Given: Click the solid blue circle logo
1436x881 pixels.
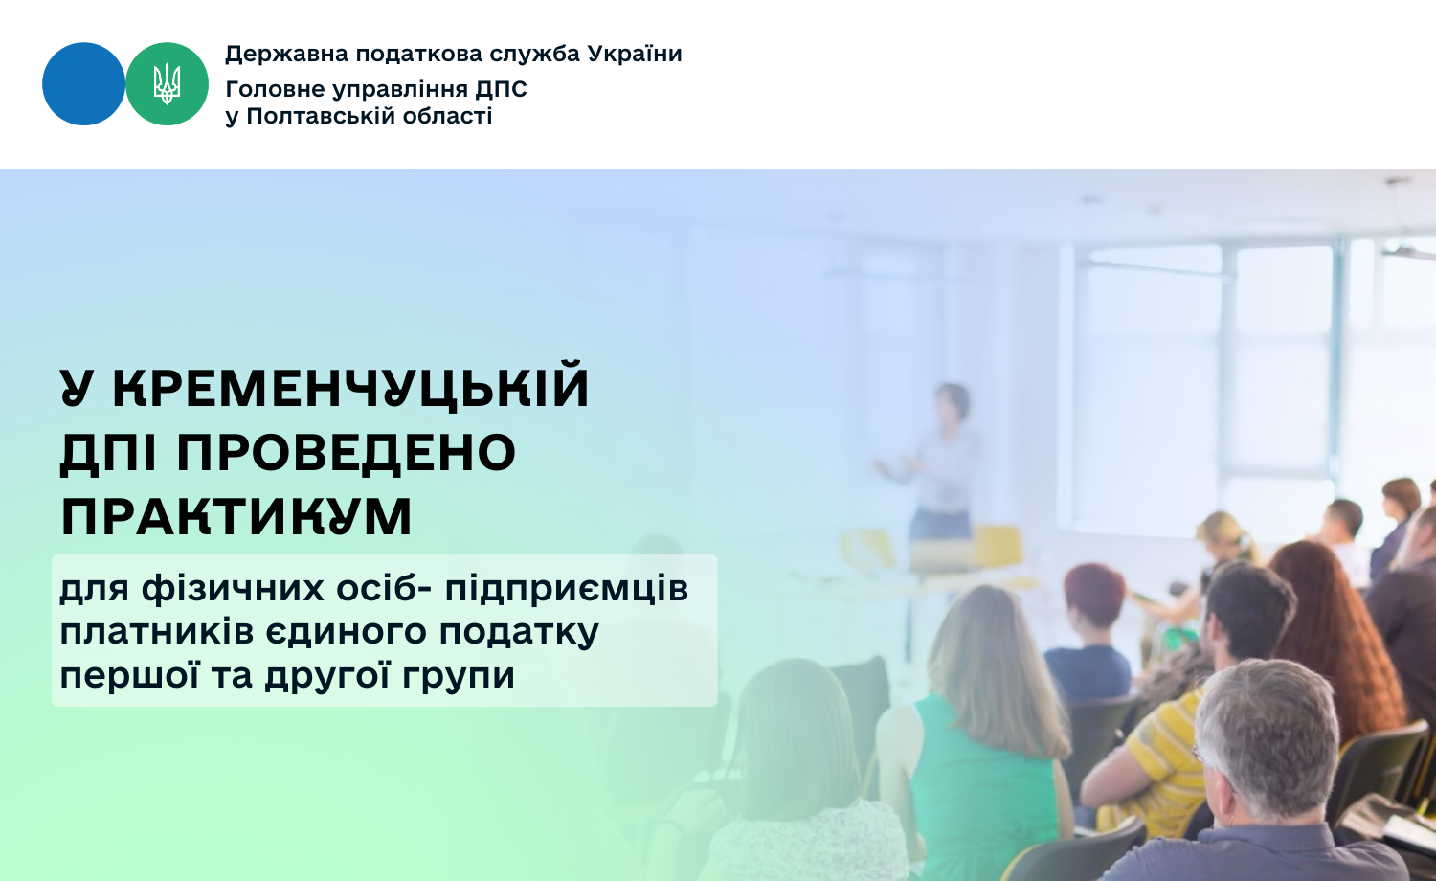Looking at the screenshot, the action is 83,84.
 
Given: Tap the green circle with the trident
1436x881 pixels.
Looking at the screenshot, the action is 167,84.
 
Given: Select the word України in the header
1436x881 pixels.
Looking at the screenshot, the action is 635,54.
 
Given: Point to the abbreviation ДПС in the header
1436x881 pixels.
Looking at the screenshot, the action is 502,89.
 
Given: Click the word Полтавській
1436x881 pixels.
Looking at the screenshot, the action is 320,116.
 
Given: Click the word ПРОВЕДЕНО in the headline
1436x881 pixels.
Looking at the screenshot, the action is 347,453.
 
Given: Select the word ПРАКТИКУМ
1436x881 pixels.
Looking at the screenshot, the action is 236,517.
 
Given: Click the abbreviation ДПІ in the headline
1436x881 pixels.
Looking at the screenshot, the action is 108,453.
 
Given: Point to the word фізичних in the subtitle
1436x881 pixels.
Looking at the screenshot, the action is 233,589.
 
